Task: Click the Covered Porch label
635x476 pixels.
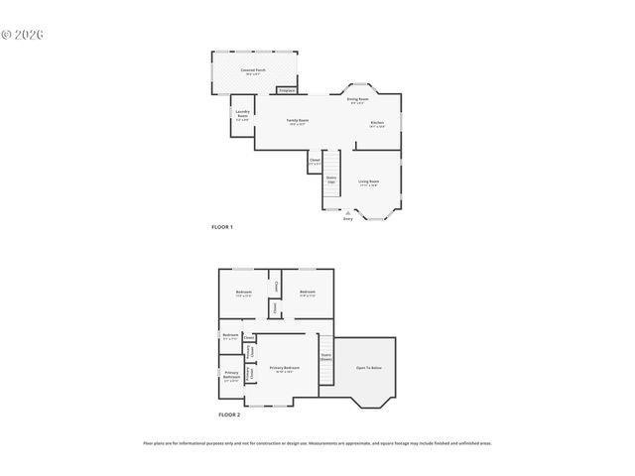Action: tap(253, 71)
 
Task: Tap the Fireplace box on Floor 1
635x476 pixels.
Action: tap(287, 90)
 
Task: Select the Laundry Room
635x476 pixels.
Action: tap(242, 115)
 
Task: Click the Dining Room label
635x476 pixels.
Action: tap(357, 100)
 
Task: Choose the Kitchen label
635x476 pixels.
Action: tap(377, 123)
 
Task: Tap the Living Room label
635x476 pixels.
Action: tap(368, 182)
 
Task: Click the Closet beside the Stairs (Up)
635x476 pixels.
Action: tap(315, 161)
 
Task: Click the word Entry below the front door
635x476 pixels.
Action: tap(347, 218)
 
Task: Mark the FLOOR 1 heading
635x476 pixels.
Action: tap(222, 227)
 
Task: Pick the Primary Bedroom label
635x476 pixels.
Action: tap(285, 368)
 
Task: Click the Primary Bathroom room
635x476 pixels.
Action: tap(231, 377)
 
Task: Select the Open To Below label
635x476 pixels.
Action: tap(369, 368)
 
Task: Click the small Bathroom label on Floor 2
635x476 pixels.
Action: tap(230, 335)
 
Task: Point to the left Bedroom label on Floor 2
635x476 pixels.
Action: tap(243, 293)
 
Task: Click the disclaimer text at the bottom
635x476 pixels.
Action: tap(317, 443)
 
